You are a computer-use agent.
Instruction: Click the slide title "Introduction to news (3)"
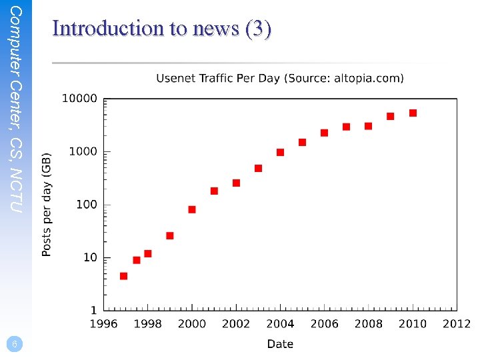pyautogui.click(x=161, y=29)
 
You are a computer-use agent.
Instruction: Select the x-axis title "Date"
pyautogui.click(x=280, y=344)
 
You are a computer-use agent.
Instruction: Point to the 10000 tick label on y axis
pyautogui.click(x=79, y=99)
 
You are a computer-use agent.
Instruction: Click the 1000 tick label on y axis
pyautogui.click(x=83, y=151)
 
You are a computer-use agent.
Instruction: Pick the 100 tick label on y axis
pyautogui.click(x=86, y=204)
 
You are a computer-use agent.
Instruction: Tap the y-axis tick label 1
pyautogui.click(x=93, y=310)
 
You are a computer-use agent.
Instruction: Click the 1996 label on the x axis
pyautogui.click(x=104, y=324)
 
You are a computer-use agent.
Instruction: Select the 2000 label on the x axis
pyautogui.click(x=192, y=324)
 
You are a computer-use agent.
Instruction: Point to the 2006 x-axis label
pyautogui.click(x=324, y=324)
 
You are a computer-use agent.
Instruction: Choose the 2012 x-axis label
pyautogui.click(x=457, y=324)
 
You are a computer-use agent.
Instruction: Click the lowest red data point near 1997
pyautogui.click(x=123, y=276)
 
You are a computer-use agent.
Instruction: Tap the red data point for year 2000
pyautogui.click(x=192, y=209)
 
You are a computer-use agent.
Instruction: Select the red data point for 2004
pyautogui.click(x=280, y=153)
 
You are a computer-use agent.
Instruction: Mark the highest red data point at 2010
pyautogui.click(x=413, y=113)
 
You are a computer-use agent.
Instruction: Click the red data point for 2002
pyautogui.click(x=236, y=183)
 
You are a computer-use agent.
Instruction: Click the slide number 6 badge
pyautogui.click(x=14, y=344)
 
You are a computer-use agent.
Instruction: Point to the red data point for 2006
pyautogui.click(x=324, y=133)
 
